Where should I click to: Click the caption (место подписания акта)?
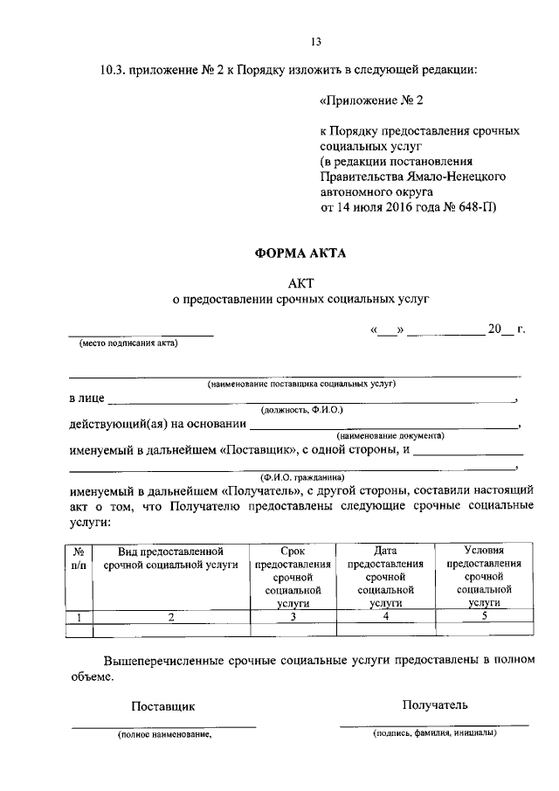tap(128, 343)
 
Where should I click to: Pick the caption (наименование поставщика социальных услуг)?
tap(302, 384)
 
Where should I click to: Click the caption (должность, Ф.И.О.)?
tap(302, 409)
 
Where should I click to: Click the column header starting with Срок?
tap(293, 577)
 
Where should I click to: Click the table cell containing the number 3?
tap(293, 617)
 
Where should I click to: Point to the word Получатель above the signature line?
tap(435, 704)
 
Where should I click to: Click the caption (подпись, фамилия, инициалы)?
tap(434, 732)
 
